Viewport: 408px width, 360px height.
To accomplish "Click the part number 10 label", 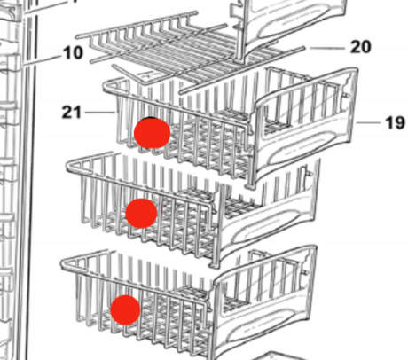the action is click(x=73, y=53).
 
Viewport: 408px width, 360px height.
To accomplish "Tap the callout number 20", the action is click(x=360, y=47).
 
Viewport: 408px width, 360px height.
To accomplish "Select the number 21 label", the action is click(x=71, y=113).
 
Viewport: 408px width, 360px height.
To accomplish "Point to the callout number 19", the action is click(x=395, y=122).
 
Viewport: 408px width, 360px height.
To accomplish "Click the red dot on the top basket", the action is click(x=152, y=133).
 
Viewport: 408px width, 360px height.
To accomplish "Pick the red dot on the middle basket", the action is click(x=141, y=213).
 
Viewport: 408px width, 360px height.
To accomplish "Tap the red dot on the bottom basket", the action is click(x=125, y=309).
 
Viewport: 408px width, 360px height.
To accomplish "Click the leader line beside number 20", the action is click(x=327, y=48).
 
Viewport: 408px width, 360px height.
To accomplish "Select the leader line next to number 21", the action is click(x=100, y=113).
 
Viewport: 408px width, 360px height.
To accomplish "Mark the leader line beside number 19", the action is click(x=368, y=122).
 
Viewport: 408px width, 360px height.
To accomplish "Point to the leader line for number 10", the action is click(x=41, y=60).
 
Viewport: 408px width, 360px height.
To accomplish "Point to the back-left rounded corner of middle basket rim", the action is click(x=69, y=166).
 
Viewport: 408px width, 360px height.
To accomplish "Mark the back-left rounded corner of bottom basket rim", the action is click(x=64, y=263).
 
